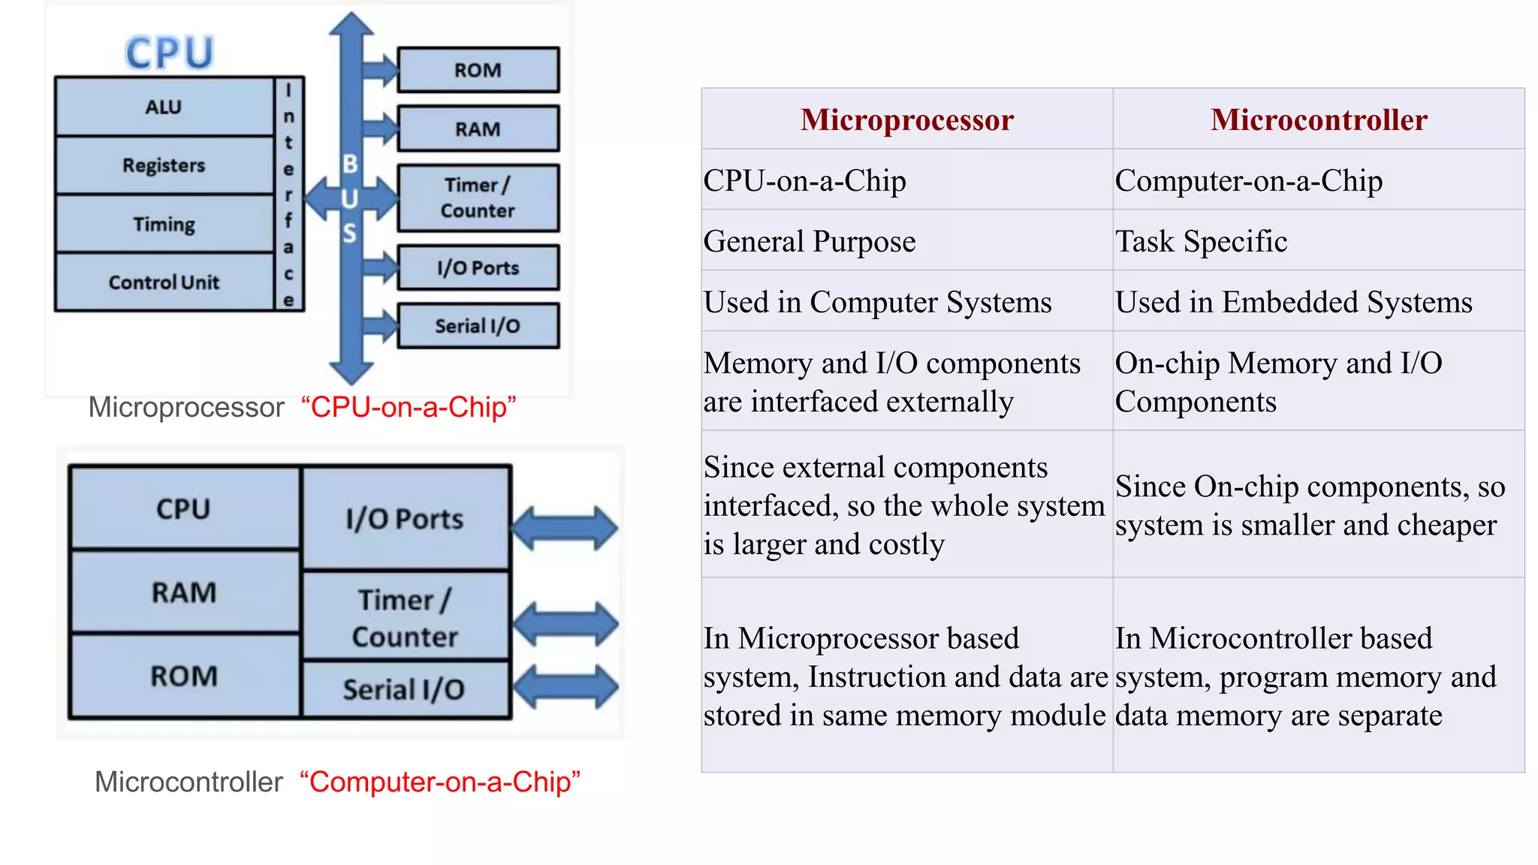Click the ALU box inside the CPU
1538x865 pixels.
(164, 107)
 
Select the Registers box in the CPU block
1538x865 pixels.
(164, 165)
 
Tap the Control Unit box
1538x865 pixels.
(164, 282)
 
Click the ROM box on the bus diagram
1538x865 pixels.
(478, 70)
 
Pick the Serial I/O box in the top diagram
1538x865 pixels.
(478, 326)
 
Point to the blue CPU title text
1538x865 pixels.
(170, 53)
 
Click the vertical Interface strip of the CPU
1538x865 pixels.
(288, 194)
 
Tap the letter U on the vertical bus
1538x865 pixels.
(350, 199)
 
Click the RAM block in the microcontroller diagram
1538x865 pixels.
(184, 592)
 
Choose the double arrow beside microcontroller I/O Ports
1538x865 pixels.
(565, 528)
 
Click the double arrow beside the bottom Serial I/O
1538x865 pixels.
(565, 686)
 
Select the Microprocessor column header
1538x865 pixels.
(906, 119)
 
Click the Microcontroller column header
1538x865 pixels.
(1319, 119)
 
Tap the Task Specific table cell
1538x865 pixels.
(1201, 241)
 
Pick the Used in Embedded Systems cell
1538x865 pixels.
(1293, 302)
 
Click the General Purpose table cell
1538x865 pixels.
(810, 241)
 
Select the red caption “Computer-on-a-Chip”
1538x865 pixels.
(440, 782)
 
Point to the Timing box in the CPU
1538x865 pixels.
(164, 224)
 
